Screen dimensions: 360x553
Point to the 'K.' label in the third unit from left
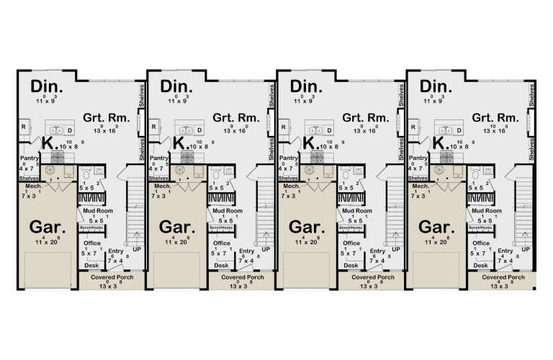pyautogui.click(x=310, y=143)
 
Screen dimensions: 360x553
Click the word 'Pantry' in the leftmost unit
pyautogui.click(x=29, y=158)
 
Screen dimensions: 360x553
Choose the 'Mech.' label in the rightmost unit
pyautogui.click(x=421, y=186)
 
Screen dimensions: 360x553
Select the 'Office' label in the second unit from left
pyautogui.click(x=222, y=243)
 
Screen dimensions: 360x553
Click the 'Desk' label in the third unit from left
pyautogui.click(x=351, y=266)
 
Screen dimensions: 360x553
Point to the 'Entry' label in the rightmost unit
pyautogui.click(x=505, y=251)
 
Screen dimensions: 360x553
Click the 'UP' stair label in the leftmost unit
pyautogui.click(x=136, y=249)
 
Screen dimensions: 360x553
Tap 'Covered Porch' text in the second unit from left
pyautogui.click(x=240, y=276)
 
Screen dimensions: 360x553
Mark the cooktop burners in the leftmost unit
pyautogui.click(x=58, y=155)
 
